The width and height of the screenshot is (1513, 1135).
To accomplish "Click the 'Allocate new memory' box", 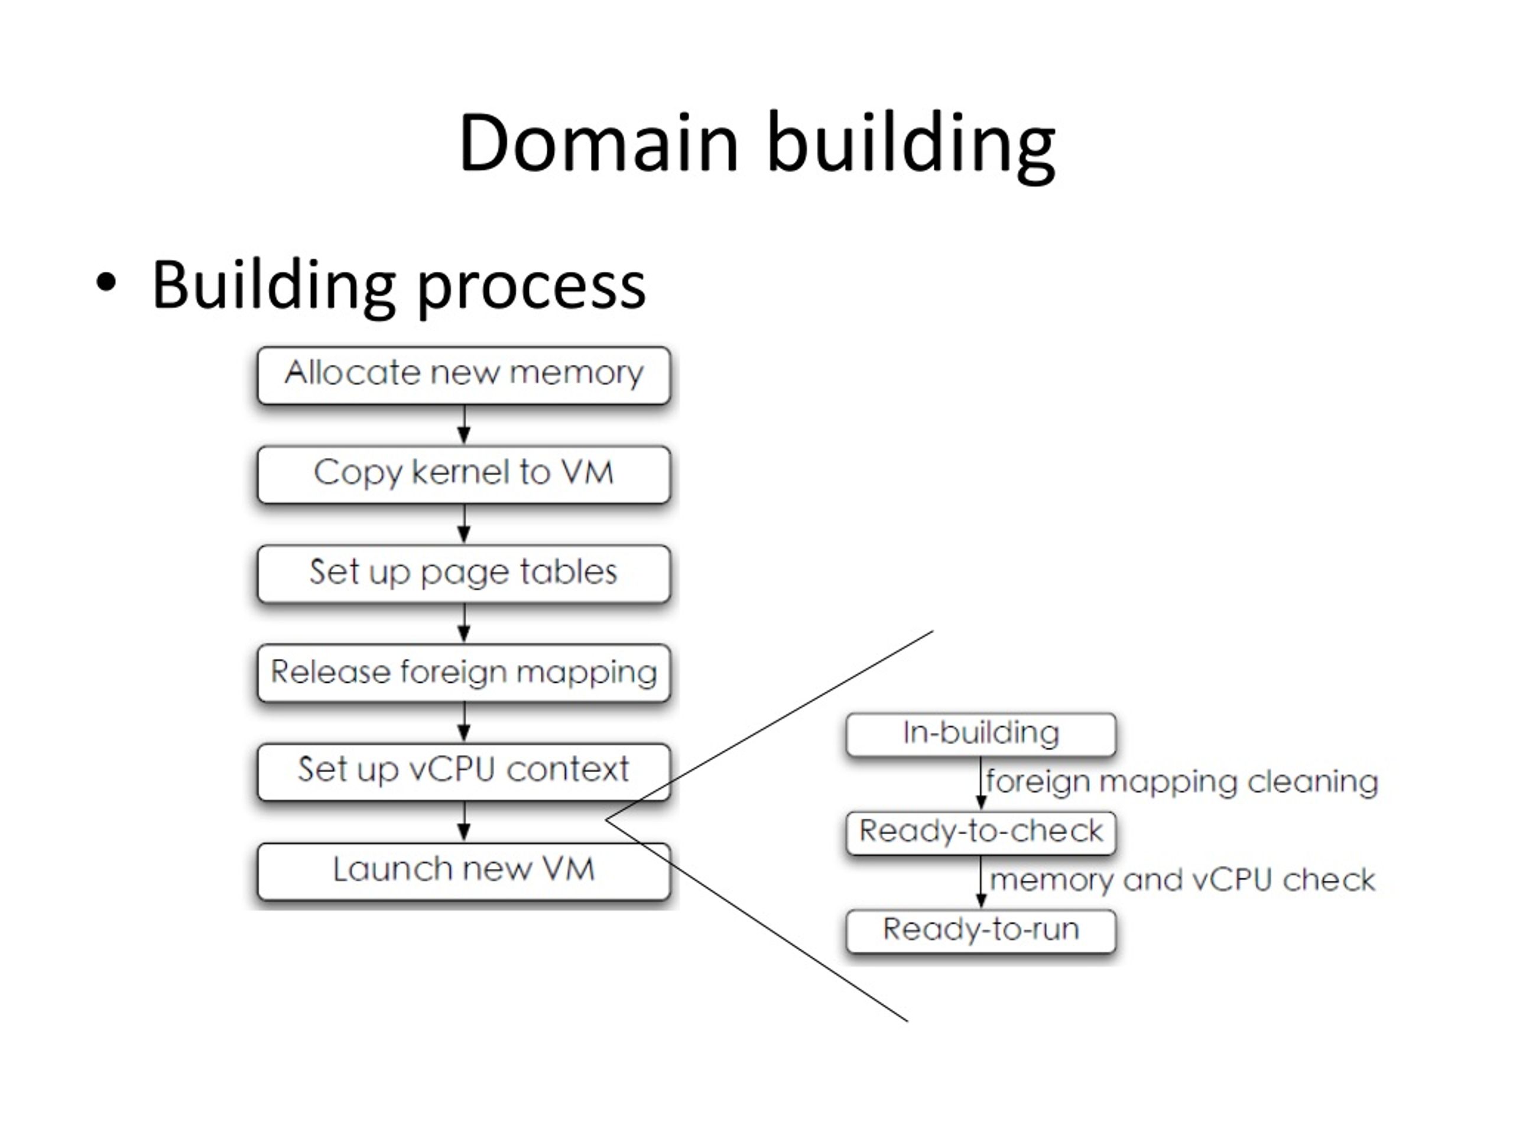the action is point(464,375).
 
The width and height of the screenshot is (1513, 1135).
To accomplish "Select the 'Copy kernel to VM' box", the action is point(464,475).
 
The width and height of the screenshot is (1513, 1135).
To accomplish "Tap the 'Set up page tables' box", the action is point(464,574).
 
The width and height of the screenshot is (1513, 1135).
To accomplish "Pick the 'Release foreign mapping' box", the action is point(464,673).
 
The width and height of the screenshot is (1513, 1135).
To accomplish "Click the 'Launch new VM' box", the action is point(464,871).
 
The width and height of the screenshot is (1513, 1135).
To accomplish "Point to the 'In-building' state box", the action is point(981,735).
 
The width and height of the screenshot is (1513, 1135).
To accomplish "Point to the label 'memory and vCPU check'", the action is point(1183,880).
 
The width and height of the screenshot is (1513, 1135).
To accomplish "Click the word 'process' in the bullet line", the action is point(531,290).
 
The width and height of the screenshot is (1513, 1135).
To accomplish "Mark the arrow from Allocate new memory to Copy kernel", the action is point(464,425).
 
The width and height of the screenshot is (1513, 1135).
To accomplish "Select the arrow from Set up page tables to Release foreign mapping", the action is point(464,623).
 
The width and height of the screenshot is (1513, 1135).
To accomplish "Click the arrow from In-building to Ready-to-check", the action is point(981,784).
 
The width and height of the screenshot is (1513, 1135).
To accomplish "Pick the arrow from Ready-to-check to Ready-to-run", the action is point(981,883).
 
